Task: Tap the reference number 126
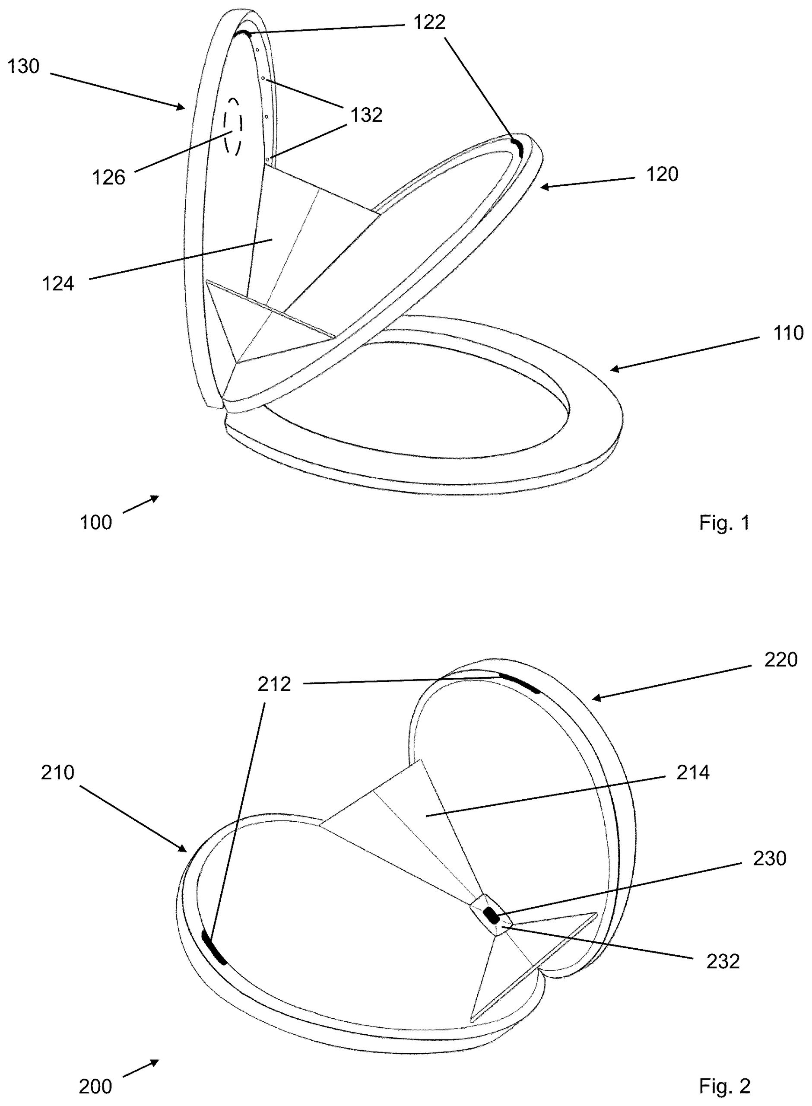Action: tap(109, 178)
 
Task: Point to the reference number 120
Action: tap(662, 175)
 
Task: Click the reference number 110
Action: tap(788, 333)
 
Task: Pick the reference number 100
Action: tap(96, 522)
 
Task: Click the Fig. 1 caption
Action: tap(725, 522)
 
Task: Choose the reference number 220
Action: tap(780, 660)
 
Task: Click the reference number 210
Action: tap(57, 773)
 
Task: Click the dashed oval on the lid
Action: tap(233, 127)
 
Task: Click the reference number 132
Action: tap(366, 115)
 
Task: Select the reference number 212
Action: tap(274, 684)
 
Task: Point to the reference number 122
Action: tap(430, 22)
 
